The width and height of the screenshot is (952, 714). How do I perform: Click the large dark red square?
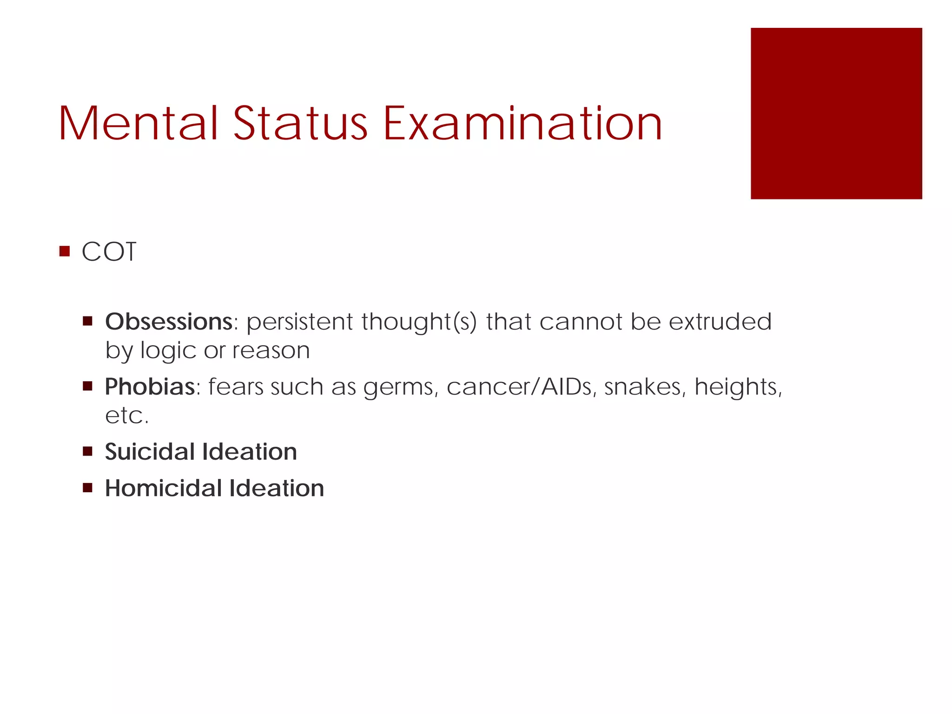point(836,113)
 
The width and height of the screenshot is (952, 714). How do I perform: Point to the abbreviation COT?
point(109,252)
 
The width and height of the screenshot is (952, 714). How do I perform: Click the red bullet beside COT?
point(65,251)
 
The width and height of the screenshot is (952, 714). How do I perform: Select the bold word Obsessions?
point(169,321)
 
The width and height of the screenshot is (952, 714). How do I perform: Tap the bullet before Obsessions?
point(87,321)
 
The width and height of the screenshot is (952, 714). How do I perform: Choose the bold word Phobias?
point(150,386)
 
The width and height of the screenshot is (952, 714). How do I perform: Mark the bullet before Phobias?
point(87,386)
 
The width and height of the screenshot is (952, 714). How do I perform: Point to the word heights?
point(738,386)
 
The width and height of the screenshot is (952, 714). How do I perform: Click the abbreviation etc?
point(126,415)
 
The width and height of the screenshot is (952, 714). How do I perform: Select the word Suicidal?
point(150,451)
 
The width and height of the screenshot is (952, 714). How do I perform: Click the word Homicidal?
point(163,488)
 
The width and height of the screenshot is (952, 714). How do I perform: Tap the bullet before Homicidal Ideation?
point(87,488)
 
